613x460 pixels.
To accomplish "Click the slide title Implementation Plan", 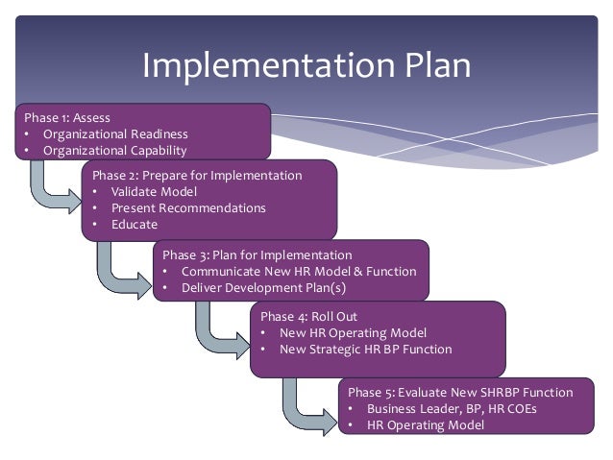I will click(x=306, y=65).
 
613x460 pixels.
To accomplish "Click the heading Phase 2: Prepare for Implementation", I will click(x=197, y=176).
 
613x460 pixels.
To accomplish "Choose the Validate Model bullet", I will click(x=153, y=192).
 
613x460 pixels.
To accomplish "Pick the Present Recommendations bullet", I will click(x=188, y=207).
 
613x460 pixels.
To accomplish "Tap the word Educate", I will click(x=134, y=224).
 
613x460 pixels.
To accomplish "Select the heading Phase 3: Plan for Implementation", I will click(x=257, y=255).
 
